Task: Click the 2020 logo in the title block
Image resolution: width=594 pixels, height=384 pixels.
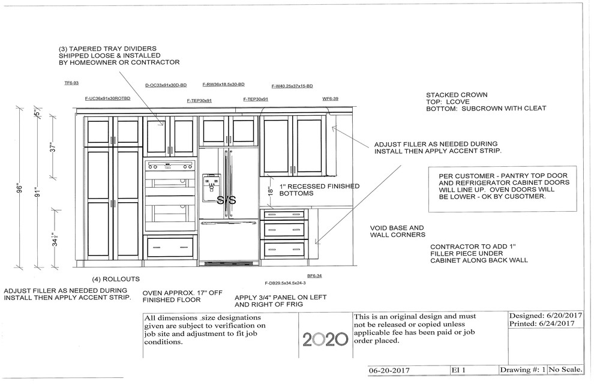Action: (x=325, y=339)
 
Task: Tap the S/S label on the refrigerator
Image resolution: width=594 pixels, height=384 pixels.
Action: (x=226, y=200)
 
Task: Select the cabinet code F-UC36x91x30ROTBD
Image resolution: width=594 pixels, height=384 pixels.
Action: (x=107, y=98)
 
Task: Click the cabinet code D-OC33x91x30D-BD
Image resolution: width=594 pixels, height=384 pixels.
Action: (x=166, y=85)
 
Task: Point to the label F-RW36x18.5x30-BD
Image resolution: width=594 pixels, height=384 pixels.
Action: (x=223, y=85)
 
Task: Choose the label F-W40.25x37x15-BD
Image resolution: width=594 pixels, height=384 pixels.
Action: (x=292, y=86)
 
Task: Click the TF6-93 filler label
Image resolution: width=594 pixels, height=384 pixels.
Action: (x=71, y=83)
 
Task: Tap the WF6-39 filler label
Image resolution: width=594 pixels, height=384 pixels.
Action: (x=331, y=98)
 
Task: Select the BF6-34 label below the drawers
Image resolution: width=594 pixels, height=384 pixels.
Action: (x=315, y=275)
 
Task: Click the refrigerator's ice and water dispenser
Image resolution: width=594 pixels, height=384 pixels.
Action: (x=211, y=187)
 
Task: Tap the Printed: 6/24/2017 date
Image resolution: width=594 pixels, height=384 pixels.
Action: (x=542, y=324)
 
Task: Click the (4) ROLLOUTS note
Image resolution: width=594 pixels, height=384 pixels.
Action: (x=116, y=279)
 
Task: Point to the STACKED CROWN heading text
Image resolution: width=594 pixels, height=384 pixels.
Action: (x=457, y=95)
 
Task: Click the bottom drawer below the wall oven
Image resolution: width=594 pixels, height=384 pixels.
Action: (x=170, y=247)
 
